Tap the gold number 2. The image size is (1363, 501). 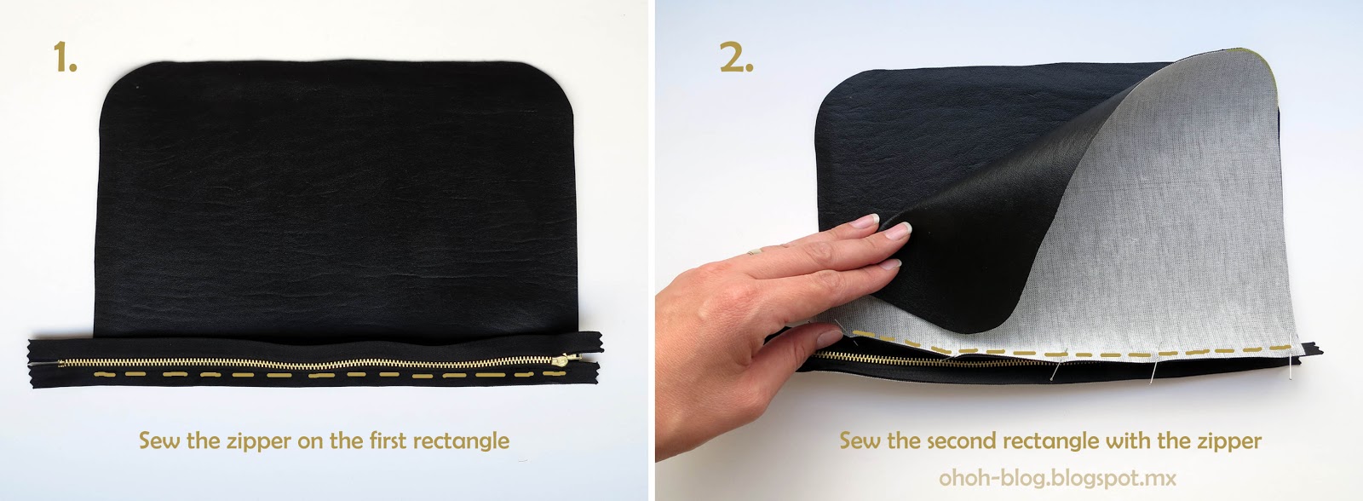(736, 56)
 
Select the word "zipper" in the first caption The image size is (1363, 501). (259, 441)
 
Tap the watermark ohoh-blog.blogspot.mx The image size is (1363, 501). (1057, 478)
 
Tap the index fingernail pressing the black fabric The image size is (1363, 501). (898, 230)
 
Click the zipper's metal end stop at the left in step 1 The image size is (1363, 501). (60, 364)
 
